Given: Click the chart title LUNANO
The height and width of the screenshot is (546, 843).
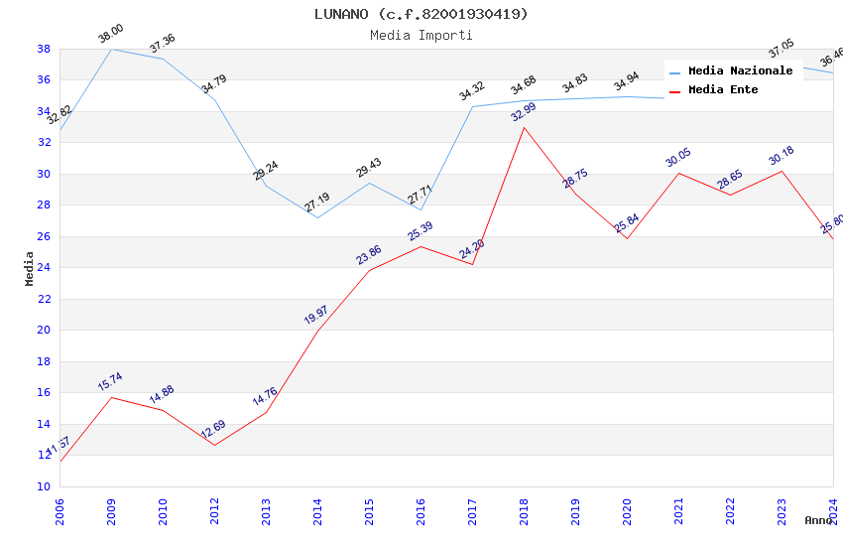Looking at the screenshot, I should tap(421, 14).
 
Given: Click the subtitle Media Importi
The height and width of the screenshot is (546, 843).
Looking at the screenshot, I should tap(421, 35).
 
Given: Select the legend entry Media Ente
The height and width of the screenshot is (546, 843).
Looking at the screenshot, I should tap(723, 90).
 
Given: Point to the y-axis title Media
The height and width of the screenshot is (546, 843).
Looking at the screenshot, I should tap(30, 268).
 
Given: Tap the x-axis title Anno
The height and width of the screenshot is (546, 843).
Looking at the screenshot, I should tap(818, 520).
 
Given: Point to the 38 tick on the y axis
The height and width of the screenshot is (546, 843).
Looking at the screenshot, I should tap(44, 49).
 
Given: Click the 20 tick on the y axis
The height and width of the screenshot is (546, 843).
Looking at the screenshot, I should tap(44, 331).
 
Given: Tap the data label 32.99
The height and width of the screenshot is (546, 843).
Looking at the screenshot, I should tap(523, 111).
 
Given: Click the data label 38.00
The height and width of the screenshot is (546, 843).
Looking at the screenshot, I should tap(110, 34).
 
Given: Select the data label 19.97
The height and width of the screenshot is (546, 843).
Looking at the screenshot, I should tap(316, 315).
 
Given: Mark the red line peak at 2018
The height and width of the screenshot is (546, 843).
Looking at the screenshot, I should tap(524, 127).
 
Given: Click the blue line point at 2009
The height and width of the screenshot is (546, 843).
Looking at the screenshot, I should tap(111, 49).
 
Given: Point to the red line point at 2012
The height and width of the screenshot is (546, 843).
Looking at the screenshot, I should tap(214, 445).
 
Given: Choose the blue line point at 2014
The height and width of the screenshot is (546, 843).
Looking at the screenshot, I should tap(317, 217).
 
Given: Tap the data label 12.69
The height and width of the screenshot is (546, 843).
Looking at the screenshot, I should tap(213, 429).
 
